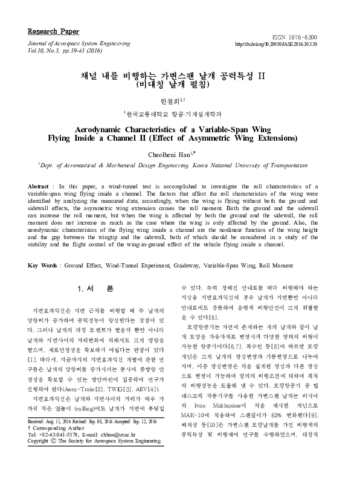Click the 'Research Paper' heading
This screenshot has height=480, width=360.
click(x=53, y=31)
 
